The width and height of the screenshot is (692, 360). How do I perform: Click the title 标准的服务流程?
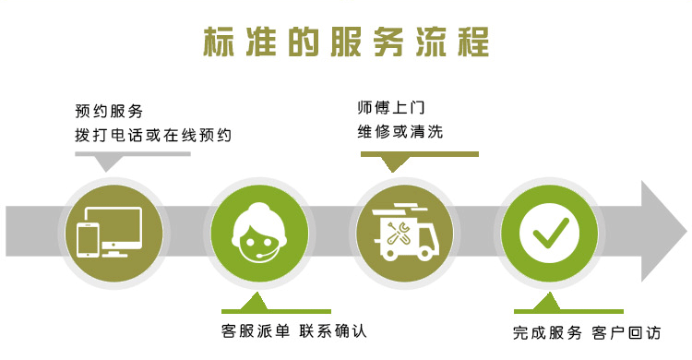coord(345,42)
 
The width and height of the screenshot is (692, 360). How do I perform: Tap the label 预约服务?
coord(109,113)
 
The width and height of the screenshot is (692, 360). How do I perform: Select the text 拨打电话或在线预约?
coord(153,135)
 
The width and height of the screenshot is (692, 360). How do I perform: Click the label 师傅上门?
coord(391,108)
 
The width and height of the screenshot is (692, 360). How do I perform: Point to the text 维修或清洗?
coord(400,131)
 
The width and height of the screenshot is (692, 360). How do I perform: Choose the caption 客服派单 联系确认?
coord(300,330)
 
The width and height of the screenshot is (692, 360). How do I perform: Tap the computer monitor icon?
coord(118,229)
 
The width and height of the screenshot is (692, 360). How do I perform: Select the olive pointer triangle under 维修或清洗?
coord(397,163)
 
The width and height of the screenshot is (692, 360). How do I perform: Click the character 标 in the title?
coord(218,42)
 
